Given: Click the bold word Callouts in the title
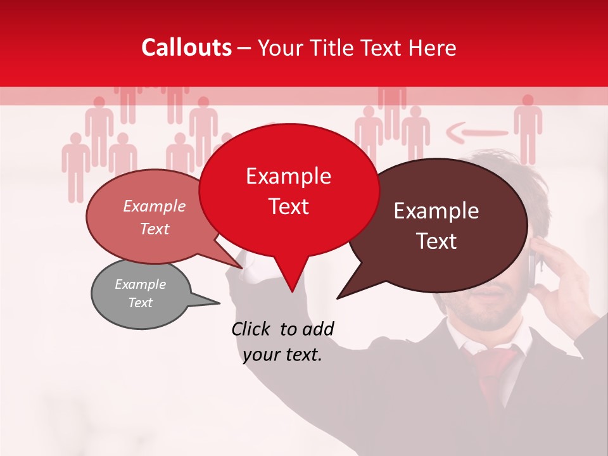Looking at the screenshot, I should tap(186, 47).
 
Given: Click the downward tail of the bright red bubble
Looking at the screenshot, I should tap(291, 279).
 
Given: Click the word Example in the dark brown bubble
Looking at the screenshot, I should tap(436, 211).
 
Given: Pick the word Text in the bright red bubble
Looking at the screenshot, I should tap(289, 206).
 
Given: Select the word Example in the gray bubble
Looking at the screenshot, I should tap(140, 284).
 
